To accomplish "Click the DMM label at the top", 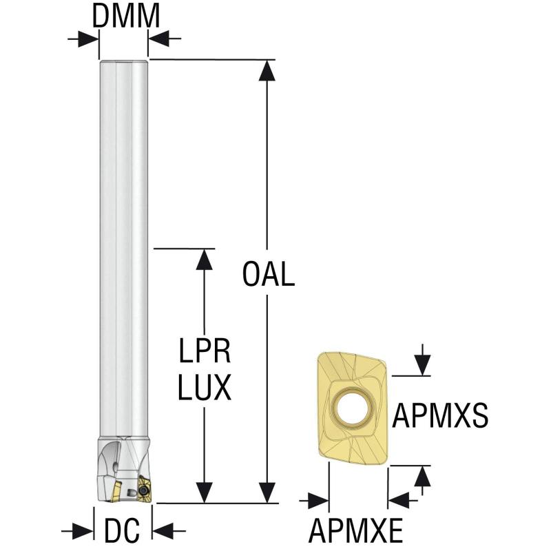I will click(125, 15).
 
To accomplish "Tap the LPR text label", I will click(205, 352).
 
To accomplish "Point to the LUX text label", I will click(204, 389).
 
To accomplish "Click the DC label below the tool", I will click(122, 530).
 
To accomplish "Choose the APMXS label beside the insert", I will click(441, 416).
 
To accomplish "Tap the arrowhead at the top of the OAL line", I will click(268, 70).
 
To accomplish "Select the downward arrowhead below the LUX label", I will click(204, 493).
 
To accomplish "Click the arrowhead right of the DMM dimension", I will click(159, 39).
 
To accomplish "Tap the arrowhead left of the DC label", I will click(83, 530).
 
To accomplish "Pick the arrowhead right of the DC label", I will click(164, 530).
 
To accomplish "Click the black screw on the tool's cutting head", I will click(145, 489).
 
